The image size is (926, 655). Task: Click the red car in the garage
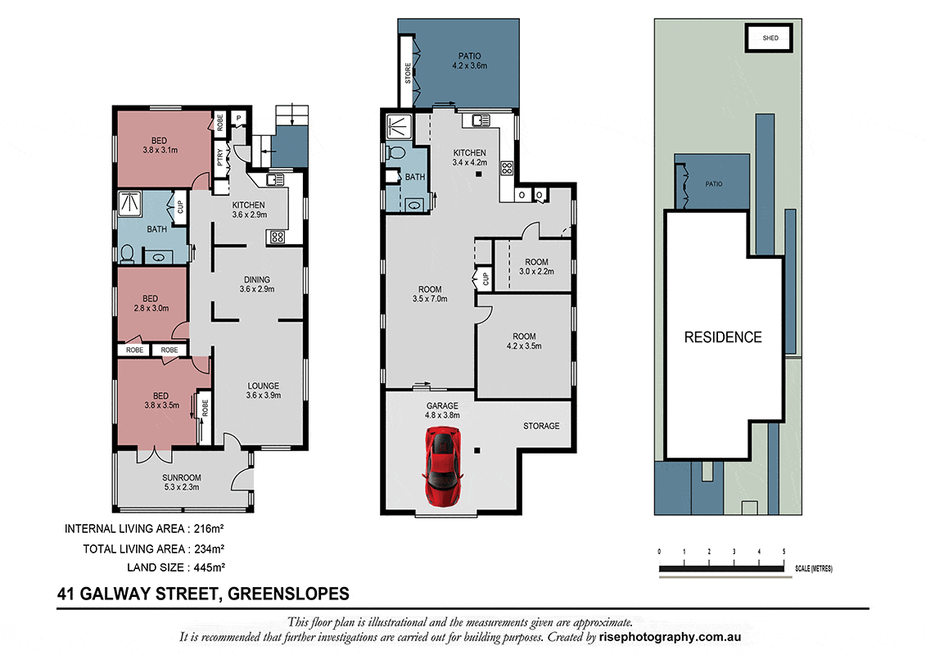(x=443, y=468)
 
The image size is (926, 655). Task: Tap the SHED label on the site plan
(x=770, y=38)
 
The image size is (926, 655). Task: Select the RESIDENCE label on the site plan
(x=723, y=337)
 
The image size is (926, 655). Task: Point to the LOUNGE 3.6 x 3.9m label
(x=264, y=391)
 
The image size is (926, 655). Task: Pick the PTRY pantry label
(x=220, y=157)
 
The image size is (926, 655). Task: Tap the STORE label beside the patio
(x=408, y=73)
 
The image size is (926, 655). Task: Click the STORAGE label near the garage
(x=541, y=426)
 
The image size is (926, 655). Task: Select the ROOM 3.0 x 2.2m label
(x=536, y=266)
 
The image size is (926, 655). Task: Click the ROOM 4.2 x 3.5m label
(x=524, y=341)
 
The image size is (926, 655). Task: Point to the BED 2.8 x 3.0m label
(x=151, y=303)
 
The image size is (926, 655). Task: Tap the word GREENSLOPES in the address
(x=288, y=594)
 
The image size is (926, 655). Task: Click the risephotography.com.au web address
(x=670, y=637)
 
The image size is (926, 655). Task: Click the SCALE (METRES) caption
(x=813, y=569)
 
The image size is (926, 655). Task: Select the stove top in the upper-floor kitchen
(x=507, y=168)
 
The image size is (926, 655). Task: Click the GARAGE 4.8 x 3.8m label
(x=442, y=410)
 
